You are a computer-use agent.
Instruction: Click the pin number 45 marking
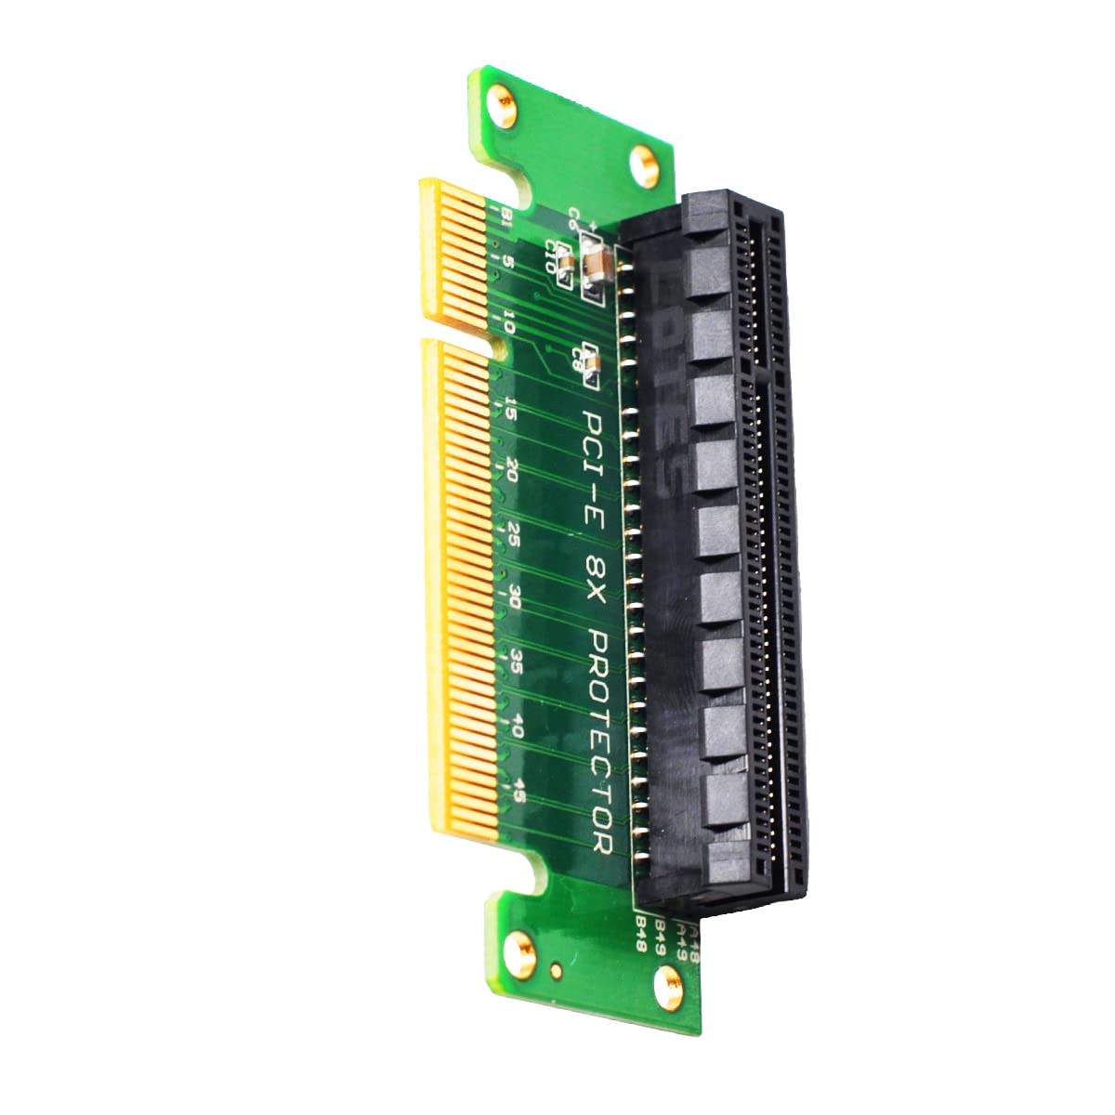click(x=519, y=791)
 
